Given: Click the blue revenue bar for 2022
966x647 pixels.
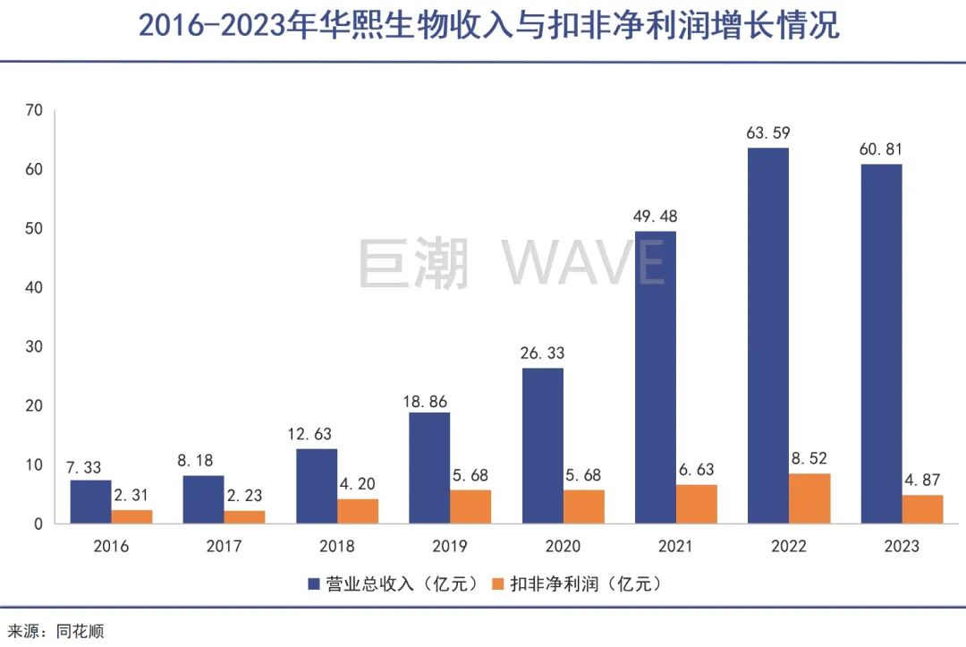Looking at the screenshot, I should (x=768, y=336).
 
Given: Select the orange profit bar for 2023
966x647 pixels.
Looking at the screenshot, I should (x=922, y=509).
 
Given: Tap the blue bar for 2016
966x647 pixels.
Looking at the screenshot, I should (x=90, y=502).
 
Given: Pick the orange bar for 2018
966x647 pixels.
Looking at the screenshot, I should (x=357, y=511).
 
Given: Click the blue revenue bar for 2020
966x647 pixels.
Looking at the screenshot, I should (x=543, y=446).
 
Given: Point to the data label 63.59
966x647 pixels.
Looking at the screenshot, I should (x=768, y=133).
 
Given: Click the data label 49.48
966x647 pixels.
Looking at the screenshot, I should (x=656, y=217).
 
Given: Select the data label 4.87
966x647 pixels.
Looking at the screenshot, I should (x=922, y=481).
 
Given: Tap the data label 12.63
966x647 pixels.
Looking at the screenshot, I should (x=317, y=435).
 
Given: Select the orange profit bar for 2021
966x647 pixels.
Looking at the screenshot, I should (x=696, y=504).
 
